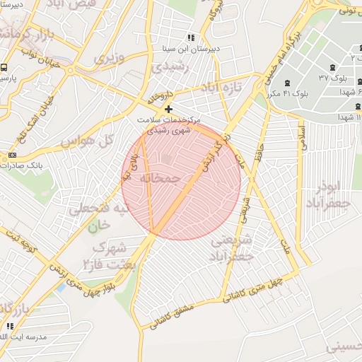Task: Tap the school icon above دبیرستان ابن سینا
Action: tap(190, 37)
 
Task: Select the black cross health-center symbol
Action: tap(168, 109)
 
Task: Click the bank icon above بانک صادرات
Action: tap(12, 155)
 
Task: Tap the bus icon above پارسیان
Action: tap(4, 68)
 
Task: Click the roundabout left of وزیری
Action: tap(70, 70)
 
